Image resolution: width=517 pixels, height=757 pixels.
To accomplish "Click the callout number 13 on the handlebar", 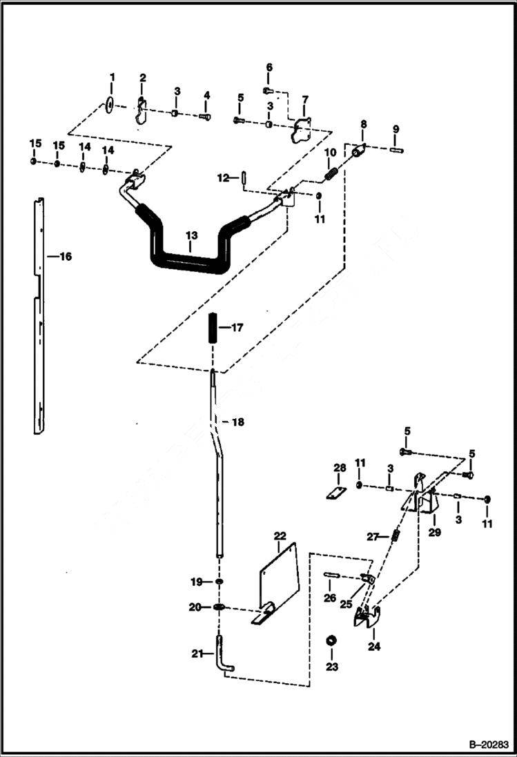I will coord(191,235).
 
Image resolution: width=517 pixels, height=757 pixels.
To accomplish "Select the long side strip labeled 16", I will coord(39,317).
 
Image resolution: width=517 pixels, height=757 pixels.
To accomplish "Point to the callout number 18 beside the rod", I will coord(237,421).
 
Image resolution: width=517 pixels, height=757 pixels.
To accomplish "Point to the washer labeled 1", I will coord(111,104).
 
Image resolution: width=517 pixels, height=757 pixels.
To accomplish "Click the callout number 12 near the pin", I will coord(222,178).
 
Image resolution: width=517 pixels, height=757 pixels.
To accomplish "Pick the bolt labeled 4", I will coord(205,117).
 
